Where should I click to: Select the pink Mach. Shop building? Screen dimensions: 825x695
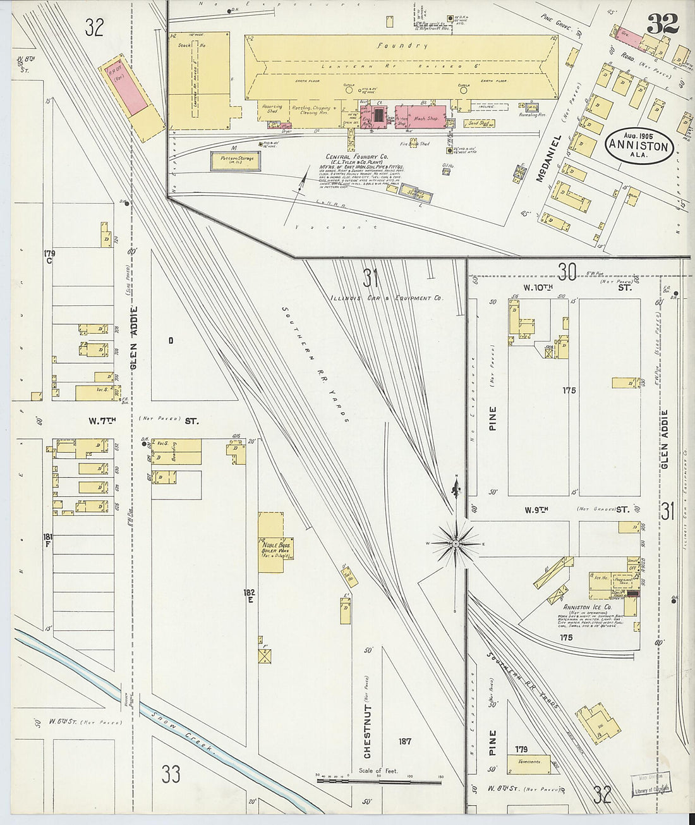click(x=425, y=118)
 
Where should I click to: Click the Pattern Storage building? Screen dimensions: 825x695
click(x=233, y=159)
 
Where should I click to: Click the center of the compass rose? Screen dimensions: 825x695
click(x=456, y=544)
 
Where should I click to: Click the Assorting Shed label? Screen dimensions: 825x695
click(x=273, y=109)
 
